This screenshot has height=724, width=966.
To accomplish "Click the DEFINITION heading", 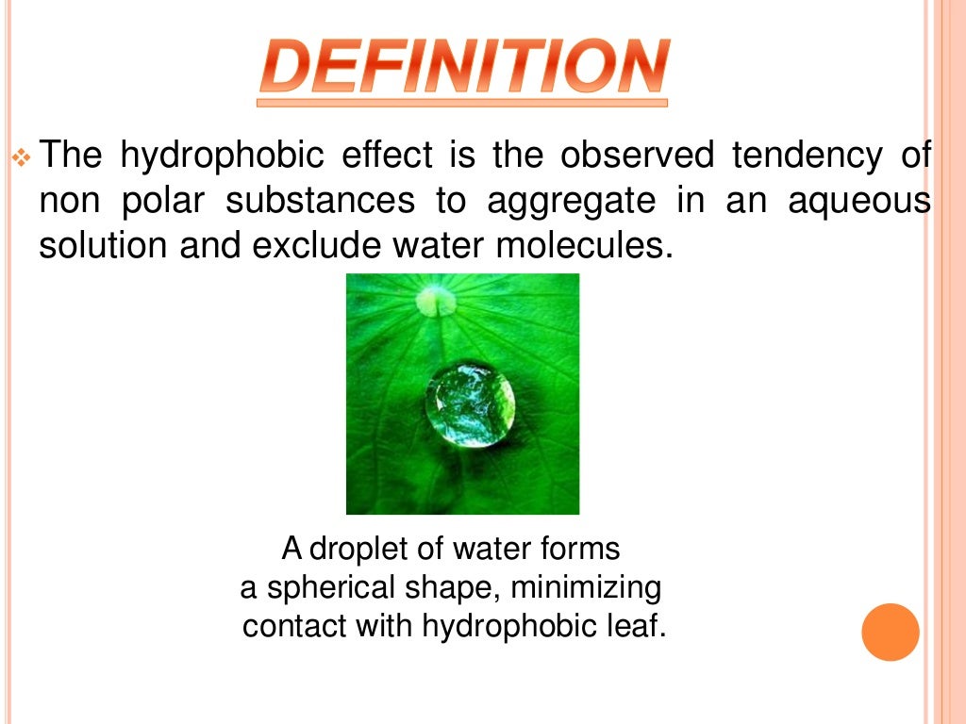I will tap(462, 68).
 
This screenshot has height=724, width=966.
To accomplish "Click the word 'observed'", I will tap(638, 156).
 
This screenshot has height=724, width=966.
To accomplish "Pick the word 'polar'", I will tap(161, 201).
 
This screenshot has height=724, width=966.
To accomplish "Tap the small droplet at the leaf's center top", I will tap(436, 301).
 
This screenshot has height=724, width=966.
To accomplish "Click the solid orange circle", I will tap(890, 632).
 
